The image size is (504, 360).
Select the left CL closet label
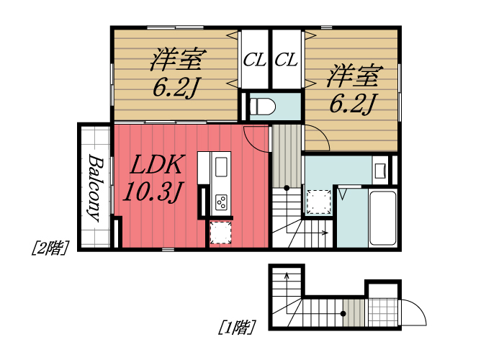coord(254,60)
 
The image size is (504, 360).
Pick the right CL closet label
coord(287,60)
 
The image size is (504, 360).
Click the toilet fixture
coord(261,107)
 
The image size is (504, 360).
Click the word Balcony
coord(94,186)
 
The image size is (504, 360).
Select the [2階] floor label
coord(49,248)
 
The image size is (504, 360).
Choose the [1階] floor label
coord(237,328)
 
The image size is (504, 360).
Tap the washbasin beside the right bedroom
coord(380,171)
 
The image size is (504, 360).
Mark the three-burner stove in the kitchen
coord(222,202)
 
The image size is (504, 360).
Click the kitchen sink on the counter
coord(221,168)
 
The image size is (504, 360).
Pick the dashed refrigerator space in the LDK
coord(220,233)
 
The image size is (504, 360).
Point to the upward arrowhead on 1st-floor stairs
coord(287,275)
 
